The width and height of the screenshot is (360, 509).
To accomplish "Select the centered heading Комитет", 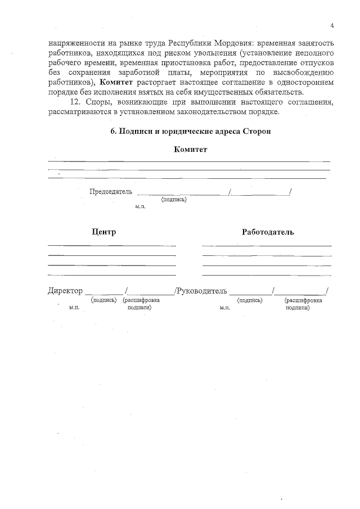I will (191, 150).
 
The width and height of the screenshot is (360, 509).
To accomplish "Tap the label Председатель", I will (111, 191).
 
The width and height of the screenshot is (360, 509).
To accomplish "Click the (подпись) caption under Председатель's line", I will (174, 200).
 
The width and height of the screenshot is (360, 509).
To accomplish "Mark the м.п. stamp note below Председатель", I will (140, 208).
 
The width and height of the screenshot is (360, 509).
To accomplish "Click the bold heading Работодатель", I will (268, 232).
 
